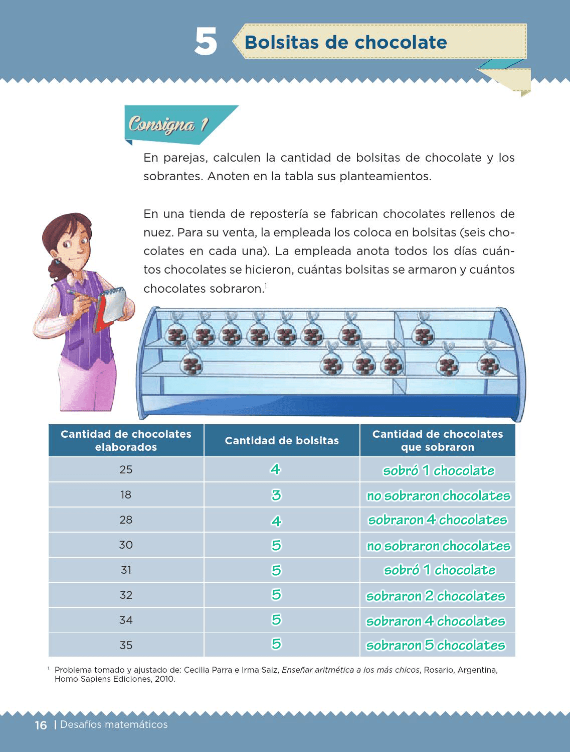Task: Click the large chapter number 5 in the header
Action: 206,42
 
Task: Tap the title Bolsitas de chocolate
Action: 345,42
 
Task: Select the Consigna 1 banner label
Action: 168,124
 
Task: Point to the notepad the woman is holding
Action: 111,307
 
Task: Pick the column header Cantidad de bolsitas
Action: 282,441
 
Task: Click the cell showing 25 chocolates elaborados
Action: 126,470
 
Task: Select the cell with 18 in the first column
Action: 126,495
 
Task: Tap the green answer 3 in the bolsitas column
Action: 276,495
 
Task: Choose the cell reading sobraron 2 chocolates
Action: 436,596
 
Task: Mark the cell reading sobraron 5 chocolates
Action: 436,645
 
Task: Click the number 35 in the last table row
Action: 126,645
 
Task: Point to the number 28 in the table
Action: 126,520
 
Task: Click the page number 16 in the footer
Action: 41,725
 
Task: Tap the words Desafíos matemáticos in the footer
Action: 114,724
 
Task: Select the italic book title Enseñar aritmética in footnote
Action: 350,670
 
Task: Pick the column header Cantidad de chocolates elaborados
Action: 126,441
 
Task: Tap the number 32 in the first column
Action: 126,595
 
